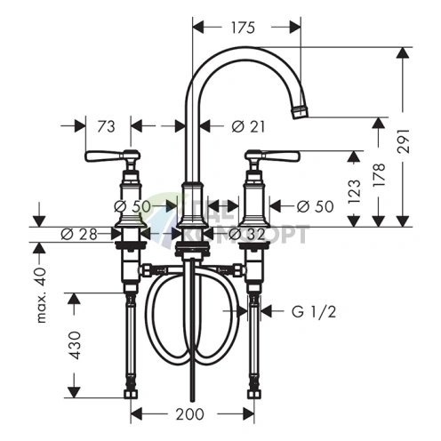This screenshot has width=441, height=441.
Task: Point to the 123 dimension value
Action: pyautogui.click(x=355, y=188)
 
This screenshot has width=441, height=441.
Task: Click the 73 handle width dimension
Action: pyautogui.click(x=107, y=127)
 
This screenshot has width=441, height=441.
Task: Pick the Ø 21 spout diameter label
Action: pyautogui.click(x=248, y=127)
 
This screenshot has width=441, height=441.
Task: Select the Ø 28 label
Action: pyautogui.click(x=78, y=235)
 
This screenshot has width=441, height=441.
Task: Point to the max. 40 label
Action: pyautogui.click(x=40, y=296)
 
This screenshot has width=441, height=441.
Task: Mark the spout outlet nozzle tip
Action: pyautogui.click(x=301, y=112)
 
